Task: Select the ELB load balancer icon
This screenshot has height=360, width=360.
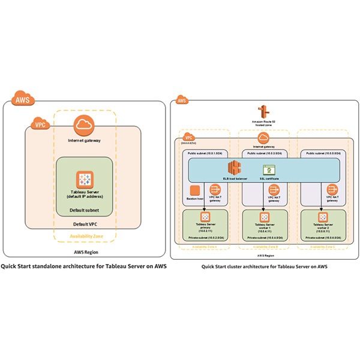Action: (x=233, y=167)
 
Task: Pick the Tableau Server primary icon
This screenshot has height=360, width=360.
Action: (x=205, y=217)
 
